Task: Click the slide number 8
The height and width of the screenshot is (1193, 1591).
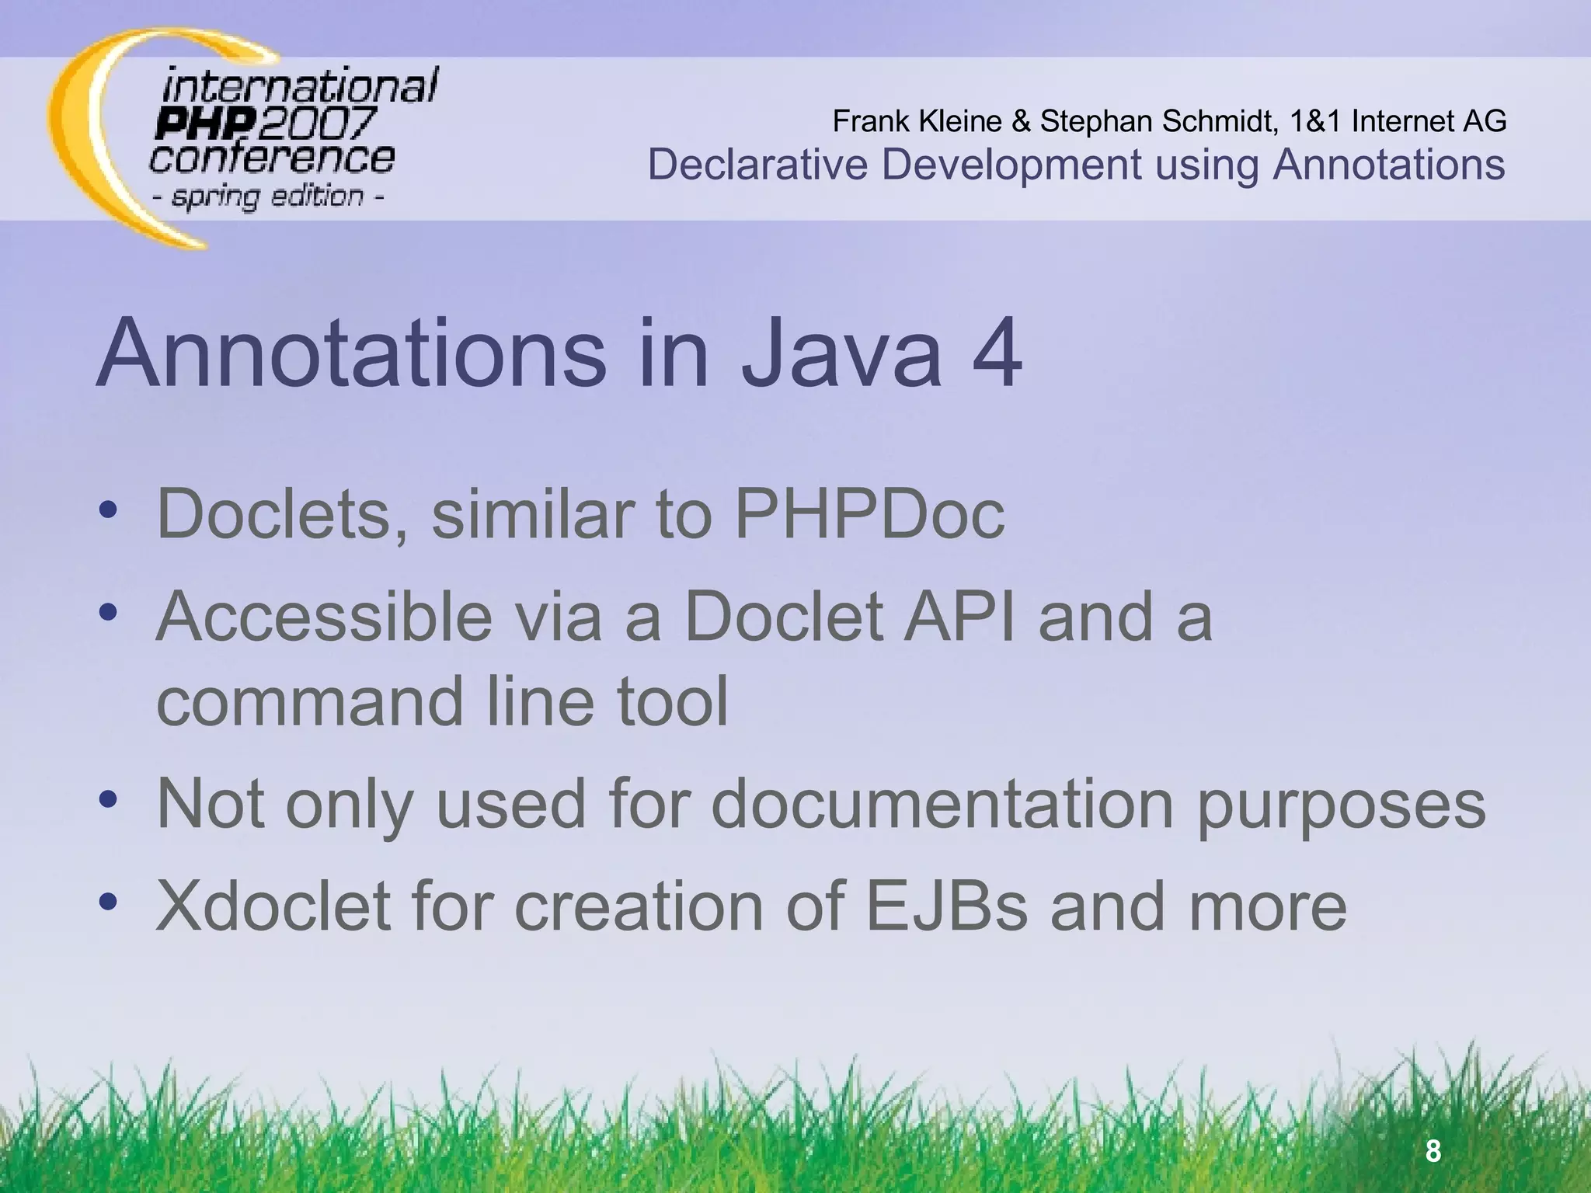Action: (x=1433, y=1150)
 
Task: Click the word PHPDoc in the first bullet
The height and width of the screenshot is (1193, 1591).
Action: (x=869, y=513)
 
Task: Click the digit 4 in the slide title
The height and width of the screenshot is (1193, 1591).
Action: (x=987, y=353)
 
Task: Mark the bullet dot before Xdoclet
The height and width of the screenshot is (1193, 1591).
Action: (x=108, y=901)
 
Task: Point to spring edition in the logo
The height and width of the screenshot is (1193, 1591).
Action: (x=267, y=197)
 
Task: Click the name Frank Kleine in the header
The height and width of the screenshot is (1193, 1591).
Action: (x=917, y=121)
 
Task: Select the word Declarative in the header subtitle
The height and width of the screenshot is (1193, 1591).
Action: (x=758, y=165)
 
